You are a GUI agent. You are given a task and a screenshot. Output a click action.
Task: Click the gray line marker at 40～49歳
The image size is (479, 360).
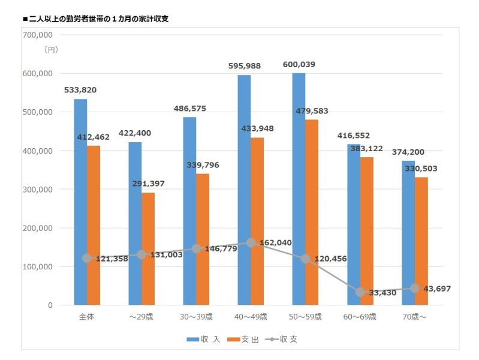[251, 243]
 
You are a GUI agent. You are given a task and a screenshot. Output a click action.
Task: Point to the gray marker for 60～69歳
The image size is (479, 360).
[360, 292]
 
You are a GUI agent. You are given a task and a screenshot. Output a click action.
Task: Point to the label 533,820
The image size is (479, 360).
[80, 90]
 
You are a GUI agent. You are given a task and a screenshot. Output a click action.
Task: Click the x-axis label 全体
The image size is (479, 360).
[86, 316]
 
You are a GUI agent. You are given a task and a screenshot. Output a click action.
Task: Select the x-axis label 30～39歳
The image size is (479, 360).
[196, 316]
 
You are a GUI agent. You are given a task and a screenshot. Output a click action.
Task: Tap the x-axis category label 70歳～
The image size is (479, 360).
[415, 316]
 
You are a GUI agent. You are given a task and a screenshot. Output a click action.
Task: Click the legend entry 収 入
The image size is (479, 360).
[203, 339]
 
